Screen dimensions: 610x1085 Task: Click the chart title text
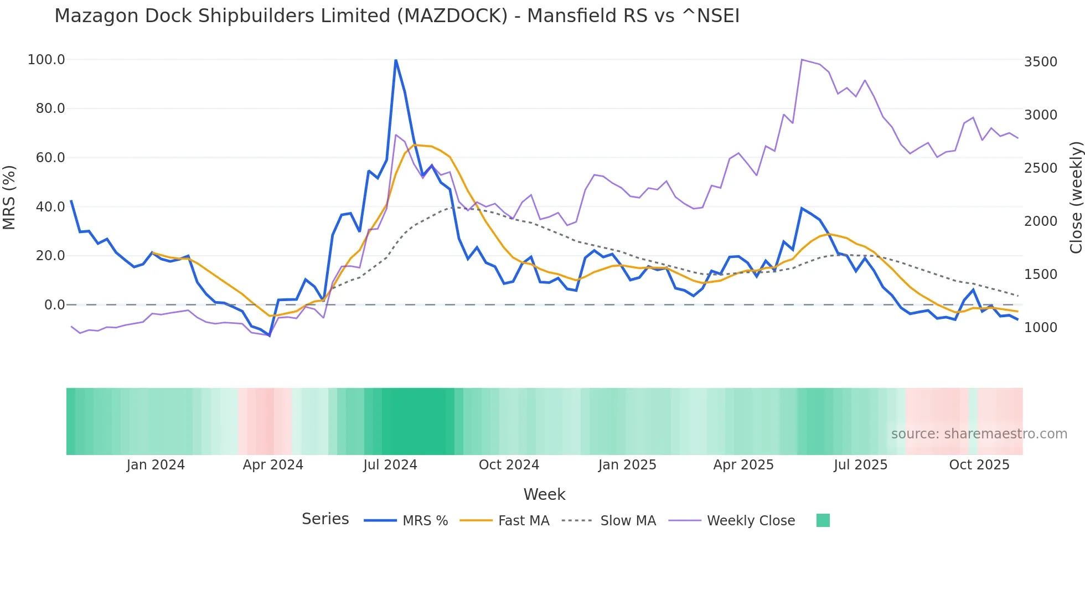click(396, 16)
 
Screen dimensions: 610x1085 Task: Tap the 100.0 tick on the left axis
click(46, 60)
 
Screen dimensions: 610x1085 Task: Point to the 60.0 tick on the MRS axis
click(50, 158)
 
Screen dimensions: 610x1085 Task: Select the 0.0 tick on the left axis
click(55, 305)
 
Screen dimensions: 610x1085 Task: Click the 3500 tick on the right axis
click(1040, 62)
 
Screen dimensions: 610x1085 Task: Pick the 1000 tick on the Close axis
click(1040, 328)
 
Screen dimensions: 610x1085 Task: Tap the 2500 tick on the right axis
click(1040, 168)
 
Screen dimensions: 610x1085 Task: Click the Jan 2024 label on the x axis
click(156, 465)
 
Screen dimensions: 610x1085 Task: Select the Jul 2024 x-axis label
click(390, 465)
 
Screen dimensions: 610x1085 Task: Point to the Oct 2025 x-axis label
click(979, 465)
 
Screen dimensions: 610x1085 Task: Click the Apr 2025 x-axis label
click(743, 465)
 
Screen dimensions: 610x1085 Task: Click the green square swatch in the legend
click(823, 520)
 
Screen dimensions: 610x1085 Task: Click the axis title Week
click(544, 494)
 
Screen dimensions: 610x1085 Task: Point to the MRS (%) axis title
click(9, 197)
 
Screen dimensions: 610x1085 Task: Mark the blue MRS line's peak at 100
click(396, 60)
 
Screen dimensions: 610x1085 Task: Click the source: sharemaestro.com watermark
click(979, 434)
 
